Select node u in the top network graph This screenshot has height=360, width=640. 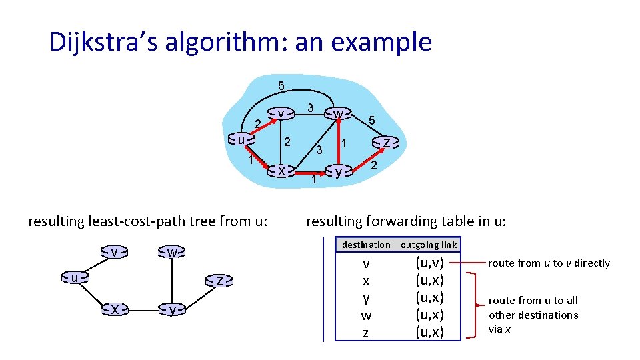click(x=241, y=139)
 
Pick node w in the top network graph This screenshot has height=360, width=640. click(x=338, y=114)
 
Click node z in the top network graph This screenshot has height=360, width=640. click(x=386, y=142)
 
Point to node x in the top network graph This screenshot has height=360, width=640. click(x=281, y=171)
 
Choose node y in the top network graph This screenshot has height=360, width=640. click(x=339, y=171)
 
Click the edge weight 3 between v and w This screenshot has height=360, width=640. click(x=310, y=107)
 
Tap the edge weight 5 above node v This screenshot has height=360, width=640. click(x=281, y=85)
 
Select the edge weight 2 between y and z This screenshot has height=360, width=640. click(x=374, y=165)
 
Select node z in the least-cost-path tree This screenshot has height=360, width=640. click(x=219, y=281)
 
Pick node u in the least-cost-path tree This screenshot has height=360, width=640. click(x=75, y=276)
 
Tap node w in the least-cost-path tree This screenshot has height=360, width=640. click(x=172, y=253)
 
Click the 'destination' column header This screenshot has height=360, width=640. click(x=366, y=245)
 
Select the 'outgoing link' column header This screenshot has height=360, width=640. click(x=429, y=245)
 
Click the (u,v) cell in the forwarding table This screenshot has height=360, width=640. click(x=429, y=263)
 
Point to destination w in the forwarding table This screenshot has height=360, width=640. click(x=366, y=315)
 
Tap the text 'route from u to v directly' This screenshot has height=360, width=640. click(x=549, y=263)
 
